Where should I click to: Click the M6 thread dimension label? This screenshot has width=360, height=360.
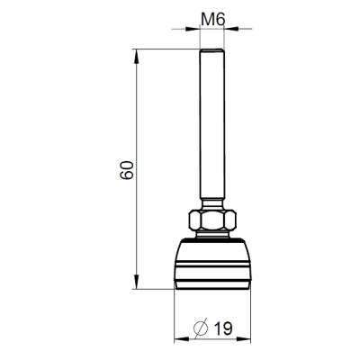click(x=212, y=20)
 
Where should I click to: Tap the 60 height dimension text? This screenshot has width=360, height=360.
click(x=126, y=170)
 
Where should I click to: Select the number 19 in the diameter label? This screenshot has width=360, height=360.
click(x=223, y=328)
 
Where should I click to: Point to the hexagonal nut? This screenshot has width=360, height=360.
click(x=212, y=220)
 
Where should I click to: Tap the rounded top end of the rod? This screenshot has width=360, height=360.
click(x=212, y=50)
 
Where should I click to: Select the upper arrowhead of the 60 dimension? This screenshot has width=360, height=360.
click(x=137, y=56)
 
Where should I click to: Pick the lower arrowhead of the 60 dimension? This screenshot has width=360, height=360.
click(x=137, y=282)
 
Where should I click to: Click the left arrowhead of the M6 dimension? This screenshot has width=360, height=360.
click(x=193, y=29)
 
